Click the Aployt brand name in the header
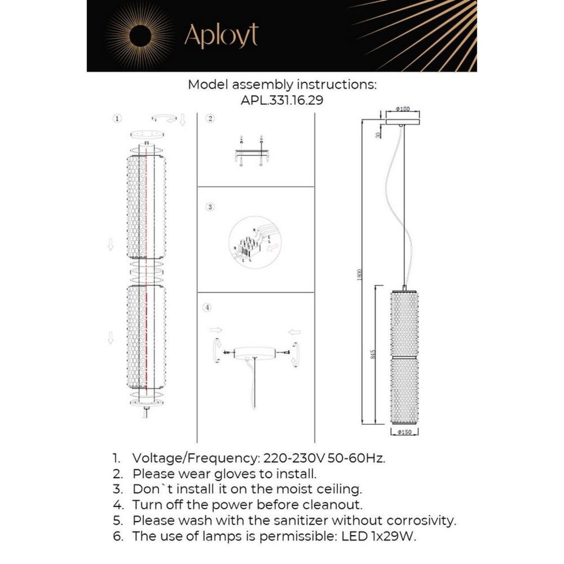pyautogui.click(x=221, y=36)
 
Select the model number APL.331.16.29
pyautogui.click(x=282, y=100)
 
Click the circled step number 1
pyautogui.click(x=117, y=118)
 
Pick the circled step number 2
pyautogui.click(x=210, y=118)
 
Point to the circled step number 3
pyautogui.click(x=210, y=207)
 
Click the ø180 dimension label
pyautogui.click(x=403, y=109)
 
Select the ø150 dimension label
pyautogui.click(x=404, y=433)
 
